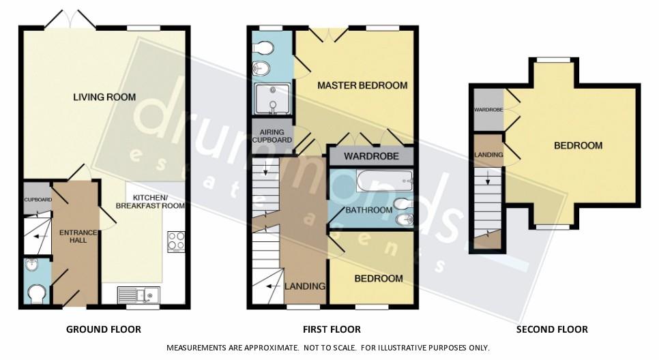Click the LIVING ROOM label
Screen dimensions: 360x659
click(104, 97)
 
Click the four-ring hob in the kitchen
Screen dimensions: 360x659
click(176, 242)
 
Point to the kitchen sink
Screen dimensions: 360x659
click(138, 295)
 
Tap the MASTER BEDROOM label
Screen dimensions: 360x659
click(362, 85)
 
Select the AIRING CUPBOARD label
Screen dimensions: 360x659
click(272, 136)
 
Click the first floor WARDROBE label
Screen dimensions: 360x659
click(370, 156)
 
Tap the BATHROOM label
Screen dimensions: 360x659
click(368, 209)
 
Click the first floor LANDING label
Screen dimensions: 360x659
click(304, 286)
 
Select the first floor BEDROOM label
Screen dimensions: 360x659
click(378, 278)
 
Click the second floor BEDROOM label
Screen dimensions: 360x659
click(578, 145)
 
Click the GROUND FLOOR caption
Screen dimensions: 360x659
click(104, 329)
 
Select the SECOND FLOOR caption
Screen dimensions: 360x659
click(552, 329)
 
